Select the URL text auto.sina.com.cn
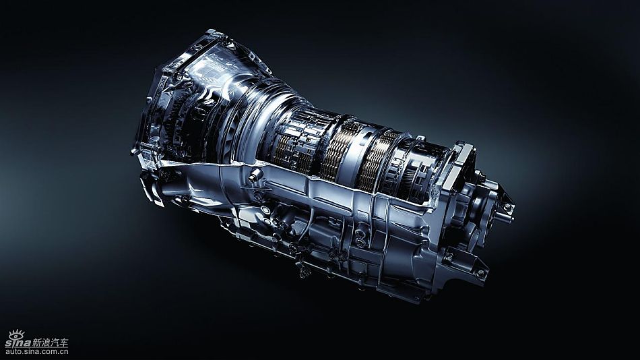tap(37, 351)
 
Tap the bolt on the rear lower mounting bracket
tap(481, 272)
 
